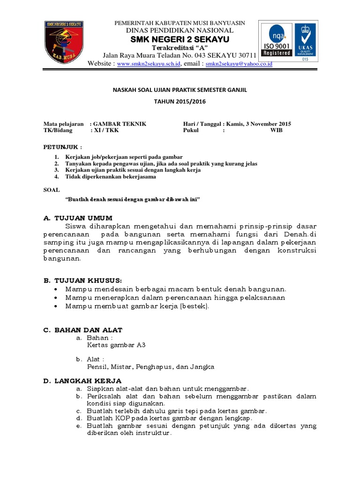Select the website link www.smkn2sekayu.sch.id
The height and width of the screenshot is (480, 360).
(149, 64)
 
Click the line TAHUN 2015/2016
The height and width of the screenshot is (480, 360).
(180, 101)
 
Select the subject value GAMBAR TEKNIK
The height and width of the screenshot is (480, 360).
(120, 124)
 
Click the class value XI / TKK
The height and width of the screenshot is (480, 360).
(106, 130)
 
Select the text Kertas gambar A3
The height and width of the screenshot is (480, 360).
(116, 345)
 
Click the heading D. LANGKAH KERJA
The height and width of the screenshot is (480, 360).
(82, 380)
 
